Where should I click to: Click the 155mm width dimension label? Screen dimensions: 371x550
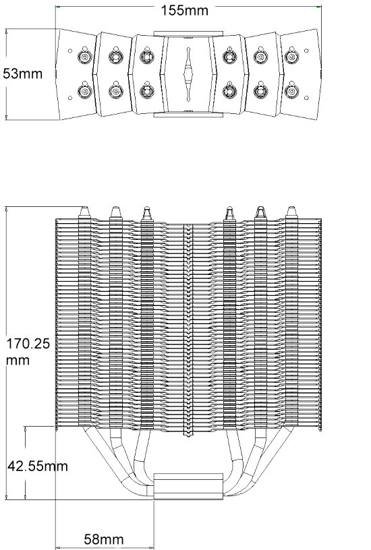point(185,11)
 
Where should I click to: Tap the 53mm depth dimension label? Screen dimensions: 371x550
point(23,73)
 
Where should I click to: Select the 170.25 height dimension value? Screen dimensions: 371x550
point(28,344)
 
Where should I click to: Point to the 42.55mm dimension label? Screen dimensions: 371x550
point(38,466)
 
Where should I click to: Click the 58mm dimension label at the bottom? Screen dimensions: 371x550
point(104,539)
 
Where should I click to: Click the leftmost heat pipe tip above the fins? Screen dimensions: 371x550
point(84,212)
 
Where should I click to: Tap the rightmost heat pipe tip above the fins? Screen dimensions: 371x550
point(291,212)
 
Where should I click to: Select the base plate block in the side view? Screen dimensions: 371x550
point(188,486)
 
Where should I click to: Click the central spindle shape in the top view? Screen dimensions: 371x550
point(188,74)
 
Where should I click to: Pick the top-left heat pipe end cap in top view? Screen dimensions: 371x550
point(84,57)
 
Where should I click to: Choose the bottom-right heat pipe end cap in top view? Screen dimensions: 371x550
point(291,91)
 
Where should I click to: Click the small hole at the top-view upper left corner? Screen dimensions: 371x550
point(70,51)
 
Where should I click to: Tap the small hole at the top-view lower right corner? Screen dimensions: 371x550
point(306,98)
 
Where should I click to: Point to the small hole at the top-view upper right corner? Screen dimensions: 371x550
point(306,51)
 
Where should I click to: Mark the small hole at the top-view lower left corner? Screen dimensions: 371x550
point(70,98)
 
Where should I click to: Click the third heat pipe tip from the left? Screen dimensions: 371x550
point(147,213)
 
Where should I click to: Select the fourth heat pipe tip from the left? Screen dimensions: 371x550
point(229,213)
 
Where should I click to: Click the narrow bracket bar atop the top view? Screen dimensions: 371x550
point(188,34)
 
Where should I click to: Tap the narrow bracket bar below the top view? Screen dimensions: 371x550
point(188,115)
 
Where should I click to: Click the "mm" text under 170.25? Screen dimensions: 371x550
point(18,361)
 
